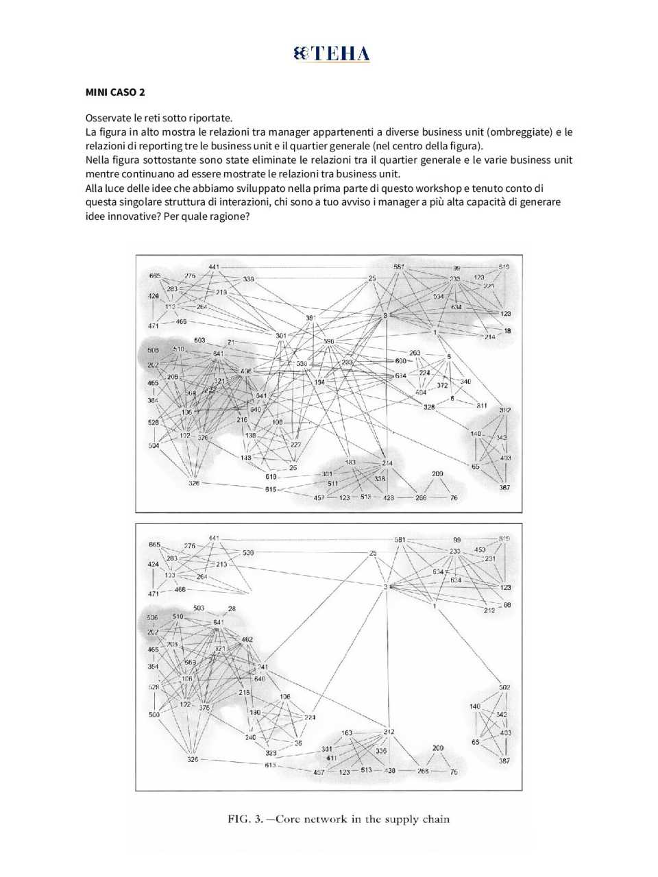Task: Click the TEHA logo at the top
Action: coord(332,53)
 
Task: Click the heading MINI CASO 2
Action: coord(114,92)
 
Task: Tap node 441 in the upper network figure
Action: coord(214,267)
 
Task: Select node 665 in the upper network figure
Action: coord(155,275)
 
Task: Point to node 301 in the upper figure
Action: coord(281,335)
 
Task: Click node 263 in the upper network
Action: coord(415,353)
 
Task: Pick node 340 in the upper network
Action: coord(465,382)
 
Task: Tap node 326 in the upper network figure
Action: coord(194,483)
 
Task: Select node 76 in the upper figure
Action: coord(454,498)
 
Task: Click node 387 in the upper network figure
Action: coord(504,488)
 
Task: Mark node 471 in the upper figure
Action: coord(154,326)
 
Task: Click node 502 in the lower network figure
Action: coord(504,687)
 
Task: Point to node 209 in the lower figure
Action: coord(438,748)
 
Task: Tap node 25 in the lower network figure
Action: coord(373,553)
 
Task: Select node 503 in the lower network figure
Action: coord(199,608)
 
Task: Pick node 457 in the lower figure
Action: coord(319,772)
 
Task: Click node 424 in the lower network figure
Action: coord(153,565)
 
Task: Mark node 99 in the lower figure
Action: coord(457,540)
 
